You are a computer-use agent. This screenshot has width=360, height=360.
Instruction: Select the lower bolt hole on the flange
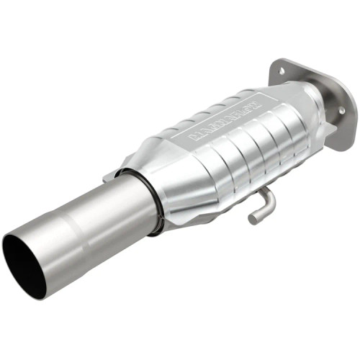341,109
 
